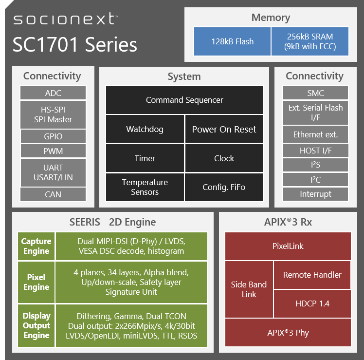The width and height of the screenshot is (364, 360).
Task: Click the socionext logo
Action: coord(66,19)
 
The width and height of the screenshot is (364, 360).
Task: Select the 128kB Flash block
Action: coord(232,41)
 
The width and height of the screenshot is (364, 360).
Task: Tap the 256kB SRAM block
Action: coord(310,41)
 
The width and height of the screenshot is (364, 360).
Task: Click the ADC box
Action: coord(53,93)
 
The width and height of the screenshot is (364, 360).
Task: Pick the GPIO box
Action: coord(53,136)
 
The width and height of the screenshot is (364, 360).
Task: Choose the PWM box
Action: coord(53,151)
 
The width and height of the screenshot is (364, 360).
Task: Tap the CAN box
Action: coord(53,194)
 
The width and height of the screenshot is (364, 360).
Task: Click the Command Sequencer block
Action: coord(184,100)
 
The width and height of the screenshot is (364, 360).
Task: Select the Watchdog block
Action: coord(145,129)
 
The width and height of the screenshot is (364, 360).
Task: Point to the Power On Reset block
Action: coord(224,129)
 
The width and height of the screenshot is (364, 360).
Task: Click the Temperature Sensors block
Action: coord(145,188)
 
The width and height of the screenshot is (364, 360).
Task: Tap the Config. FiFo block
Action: coord(224,188)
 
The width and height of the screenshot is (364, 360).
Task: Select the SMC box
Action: coord(315,93)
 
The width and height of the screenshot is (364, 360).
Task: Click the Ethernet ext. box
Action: coord(315,134)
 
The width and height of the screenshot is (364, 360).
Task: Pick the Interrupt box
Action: coord(315,194)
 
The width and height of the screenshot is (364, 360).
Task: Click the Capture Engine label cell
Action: coord(36,246)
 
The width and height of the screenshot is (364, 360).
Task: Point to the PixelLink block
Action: coord(288,246)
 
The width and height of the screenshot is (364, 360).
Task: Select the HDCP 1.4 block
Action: coord(312,303)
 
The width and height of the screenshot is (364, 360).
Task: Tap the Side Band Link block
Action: coord(249,289)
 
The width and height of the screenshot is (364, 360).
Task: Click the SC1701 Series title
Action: coord(75,44)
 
